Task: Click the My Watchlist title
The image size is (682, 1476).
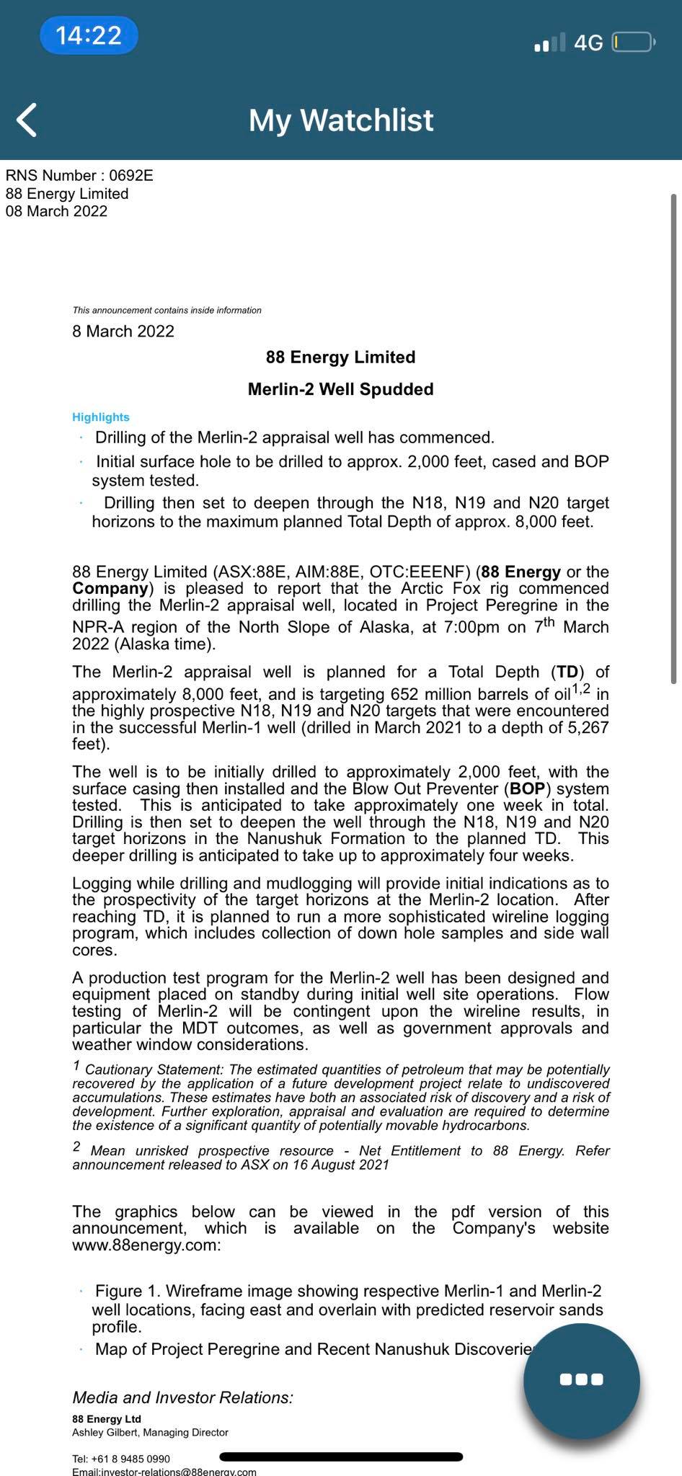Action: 341,120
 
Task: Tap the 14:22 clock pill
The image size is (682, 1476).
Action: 89,35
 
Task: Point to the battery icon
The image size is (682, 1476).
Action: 632,43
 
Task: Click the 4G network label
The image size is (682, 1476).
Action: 588,43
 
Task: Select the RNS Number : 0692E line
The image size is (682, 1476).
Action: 79,176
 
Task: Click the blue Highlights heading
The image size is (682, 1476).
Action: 101,417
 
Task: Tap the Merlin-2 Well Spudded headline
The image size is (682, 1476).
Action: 341,389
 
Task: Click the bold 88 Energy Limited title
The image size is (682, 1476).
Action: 341,357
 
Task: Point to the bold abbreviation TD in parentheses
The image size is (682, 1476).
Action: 567,672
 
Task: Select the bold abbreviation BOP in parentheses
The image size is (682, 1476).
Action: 528,789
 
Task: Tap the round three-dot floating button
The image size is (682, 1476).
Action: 581,1379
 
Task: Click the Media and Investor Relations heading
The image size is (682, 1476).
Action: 183,1397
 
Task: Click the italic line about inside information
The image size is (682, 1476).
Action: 167,311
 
